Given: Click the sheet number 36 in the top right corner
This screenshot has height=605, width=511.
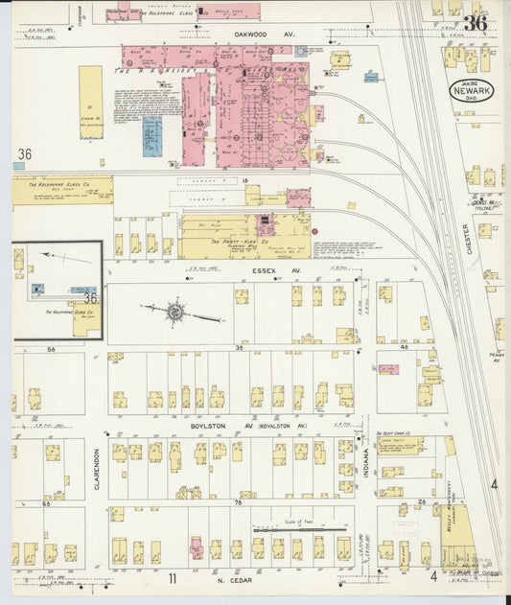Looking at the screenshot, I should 474,23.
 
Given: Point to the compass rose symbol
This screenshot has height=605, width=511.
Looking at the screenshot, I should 175,312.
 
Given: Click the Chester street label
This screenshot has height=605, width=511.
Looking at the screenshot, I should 467,239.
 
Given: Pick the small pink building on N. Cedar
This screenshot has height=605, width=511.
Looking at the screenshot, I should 196,547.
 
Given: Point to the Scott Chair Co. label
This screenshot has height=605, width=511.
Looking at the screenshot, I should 393,433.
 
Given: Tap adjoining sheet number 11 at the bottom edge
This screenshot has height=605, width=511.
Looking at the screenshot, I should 173,578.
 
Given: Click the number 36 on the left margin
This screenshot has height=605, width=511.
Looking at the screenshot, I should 25,153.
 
